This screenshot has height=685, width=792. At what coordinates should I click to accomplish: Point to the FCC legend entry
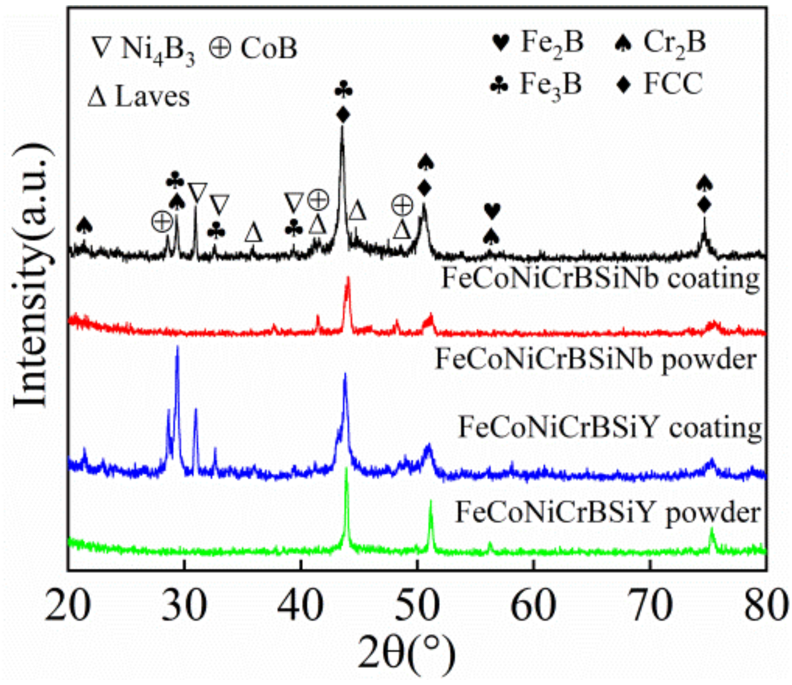coord(660,84)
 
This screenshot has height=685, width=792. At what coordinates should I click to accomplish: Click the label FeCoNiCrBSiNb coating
coord(600,279)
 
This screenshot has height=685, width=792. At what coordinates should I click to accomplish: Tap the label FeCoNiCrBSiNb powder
coord(596,359)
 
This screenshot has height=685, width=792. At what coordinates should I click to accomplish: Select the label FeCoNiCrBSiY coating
coord(610,428)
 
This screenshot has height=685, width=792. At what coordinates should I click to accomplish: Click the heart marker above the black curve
coord(492,211)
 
